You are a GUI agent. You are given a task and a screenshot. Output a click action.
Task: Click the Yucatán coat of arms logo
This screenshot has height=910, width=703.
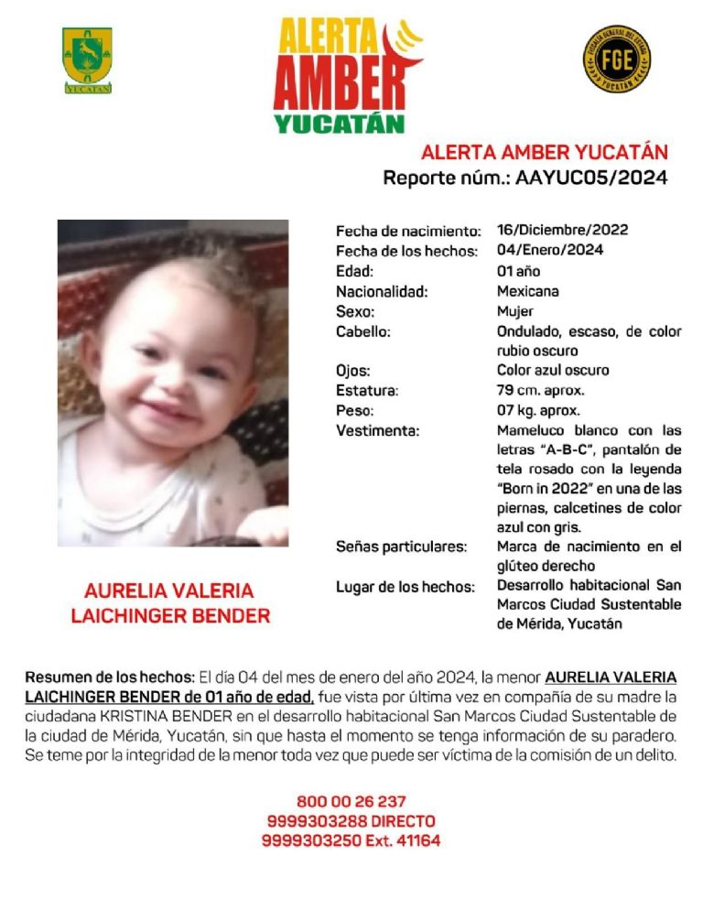coord(87,60)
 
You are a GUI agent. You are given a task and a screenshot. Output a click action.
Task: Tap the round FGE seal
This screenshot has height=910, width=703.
coord(616,59)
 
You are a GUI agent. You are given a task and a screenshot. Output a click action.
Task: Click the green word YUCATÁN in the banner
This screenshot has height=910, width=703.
coord(339,123)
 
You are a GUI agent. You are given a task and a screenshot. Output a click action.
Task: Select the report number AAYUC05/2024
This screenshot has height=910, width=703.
coord(591,178)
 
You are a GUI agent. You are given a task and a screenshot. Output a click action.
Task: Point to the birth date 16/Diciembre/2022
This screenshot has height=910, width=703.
coord(562,230)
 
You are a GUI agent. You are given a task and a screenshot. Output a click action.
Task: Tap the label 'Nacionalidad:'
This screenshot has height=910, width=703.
coord(382,292)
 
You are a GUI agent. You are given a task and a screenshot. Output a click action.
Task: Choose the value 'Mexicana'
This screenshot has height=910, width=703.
coord(527,291)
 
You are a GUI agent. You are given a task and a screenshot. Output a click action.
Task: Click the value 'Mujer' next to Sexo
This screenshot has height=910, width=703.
coord(514,311)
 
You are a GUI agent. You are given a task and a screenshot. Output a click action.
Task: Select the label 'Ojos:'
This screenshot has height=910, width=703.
coord(352,372)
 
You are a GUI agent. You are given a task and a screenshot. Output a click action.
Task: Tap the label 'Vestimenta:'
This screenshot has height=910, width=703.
coord(377,431)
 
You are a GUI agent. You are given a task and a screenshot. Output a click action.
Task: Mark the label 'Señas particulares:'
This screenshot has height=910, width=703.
coord(401,547)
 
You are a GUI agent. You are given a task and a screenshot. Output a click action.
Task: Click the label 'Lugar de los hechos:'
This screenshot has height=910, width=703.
coord(405,586)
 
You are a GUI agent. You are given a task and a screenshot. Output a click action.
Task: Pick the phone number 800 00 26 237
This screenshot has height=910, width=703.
coord(351,801)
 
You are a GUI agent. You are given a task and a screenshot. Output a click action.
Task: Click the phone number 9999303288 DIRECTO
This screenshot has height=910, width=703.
coord(351,821)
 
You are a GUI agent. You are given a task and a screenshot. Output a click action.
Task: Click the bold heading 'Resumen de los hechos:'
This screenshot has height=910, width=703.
coord(110,678)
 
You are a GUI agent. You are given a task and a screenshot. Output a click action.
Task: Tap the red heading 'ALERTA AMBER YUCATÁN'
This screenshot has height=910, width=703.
coord(544,153)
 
